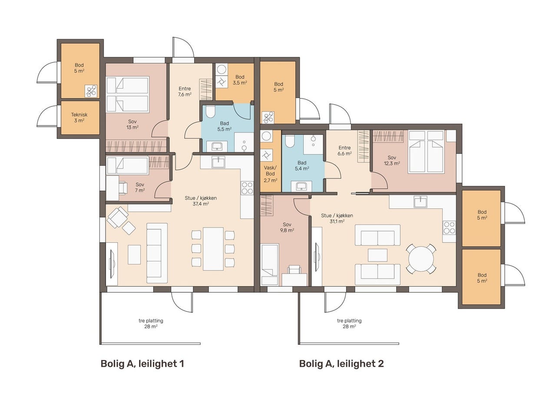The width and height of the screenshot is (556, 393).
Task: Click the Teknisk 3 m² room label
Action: coord(79,118)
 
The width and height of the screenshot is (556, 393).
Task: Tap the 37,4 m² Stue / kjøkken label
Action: coord(201,201)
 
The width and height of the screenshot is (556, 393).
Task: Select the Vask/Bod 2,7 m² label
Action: coord(270,174)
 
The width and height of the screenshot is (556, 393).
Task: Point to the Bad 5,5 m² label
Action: coord(225,126)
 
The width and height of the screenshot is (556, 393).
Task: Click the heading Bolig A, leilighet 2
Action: coord(341,364)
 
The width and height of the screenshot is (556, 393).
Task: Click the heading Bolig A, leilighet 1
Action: coord(142,364)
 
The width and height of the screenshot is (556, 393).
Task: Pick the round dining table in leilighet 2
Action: coord(421,259)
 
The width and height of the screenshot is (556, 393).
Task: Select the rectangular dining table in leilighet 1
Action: coord(213,248)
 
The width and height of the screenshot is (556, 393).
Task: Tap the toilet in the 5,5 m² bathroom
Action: coord(211,112)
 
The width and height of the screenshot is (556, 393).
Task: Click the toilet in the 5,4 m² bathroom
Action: coord(289,141)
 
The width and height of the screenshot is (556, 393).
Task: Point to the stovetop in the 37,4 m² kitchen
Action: coord(247,188)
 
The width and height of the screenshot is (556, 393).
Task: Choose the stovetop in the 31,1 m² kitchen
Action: coord(449,228)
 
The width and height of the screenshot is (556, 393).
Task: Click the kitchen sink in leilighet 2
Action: coord(420,201)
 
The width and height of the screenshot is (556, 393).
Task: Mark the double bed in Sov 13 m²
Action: coord(128,94)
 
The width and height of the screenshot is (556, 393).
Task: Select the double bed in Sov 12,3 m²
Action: coord(426,152)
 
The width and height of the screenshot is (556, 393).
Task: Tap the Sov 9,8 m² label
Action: coord(287,227)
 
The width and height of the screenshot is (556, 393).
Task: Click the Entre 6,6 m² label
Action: coord(344,151)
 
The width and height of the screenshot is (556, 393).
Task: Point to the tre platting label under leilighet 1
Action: coord(151,324)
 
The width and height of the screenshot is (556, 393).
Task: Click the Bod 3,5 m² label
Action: coord(240,80)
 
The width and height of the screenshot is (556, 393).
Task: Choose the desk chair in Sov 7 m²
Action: coord(123,188)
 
